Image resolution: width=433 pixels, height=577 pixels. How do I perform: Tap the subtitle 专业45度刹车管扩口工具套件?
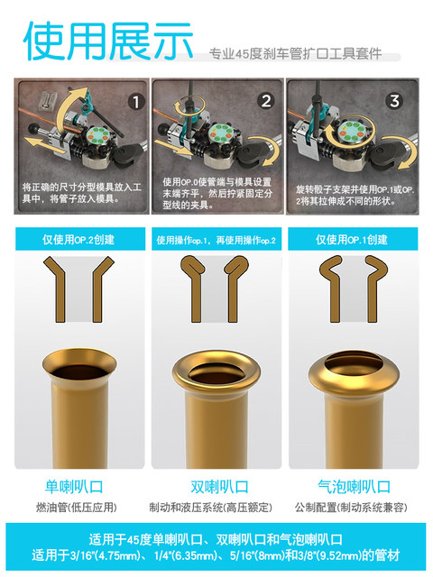tap(295, 54)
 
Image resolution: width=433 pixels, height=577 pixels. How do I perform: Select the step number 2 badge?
tap(265, 101)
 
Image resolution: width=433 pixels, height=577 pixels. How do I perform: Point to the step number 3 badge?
tap(394, 101)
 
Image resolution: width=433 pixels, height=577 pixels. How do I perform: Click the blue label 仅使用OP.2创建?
tap(79, 240)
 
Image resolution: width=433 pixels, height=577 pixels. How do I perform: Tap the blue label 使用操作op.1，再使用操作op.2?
tap(216, 240)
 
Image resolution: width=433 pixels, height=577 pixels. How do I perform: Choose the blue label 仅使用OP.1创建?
tap(351, 240)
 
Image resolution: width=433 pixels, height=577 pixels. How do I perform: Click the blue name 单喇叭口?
tap(78, 488)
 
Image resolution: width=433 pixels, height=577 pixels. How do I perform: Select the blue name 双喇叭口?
tap(216, 488)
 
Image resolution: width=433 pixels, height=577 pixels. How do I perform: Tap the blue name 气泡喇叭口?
tap(352, 488)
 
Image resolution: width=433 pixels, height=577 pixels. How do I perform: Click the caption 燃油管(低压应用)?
tap(78, 507)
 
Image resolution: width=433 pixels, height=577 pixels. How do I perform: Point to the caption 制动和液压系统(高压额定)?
tap(216, 507)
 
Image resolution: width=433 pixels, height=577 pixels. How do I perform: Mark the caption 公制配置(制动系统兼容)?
tap(352, 507)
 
